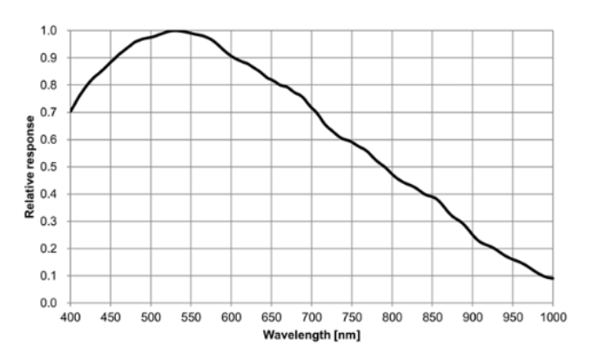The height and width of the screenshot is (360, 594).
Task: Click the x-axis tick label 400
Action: point(71,316)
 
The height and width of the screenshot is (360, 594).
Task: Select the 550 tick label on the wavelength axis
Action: point(191,316)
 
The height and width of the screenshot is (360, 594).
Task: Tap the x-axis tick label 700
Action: point(312,316)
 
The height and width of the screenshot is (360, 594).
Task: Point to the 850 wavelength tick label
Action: point(432,316)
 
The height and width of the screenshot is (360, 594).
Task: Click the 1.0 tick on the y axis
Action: point(51,31)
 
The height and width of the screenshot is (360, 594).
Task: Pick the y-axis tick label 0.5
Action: point(51,166)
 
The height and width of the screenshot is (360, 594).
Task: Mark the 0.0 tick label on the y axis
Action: point(51,303)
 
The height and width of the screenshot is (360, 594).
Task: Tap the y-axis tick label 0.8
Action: point(51,85)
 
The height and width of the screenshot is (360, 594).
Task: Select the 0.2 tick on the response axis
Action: point(51,248)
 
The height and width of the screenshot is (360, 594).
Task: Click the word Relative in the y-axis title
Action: point(30,193)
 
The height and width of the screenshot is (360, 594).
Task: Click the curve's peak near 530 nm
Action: point(174,31)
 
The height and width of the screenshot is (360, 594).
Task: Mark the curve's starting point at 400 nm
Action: point(71,112)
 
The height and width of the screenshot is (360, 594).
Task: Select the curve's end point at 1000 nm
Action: point(552,278)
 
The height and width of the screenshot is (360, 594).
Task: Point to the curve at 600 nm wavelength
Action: point(231,57)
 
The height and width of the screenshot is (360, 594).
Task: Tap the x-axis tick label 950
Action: point(512,316)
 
